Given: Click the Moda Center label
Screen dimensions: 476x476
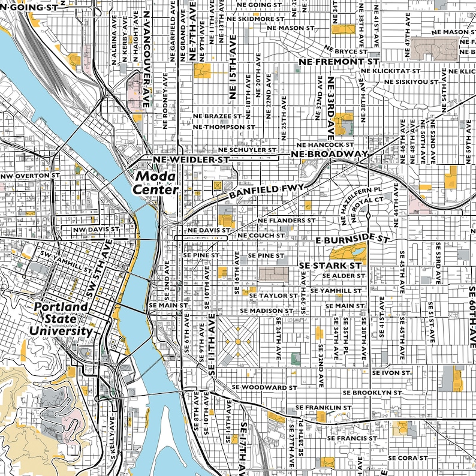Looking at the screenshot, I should [x=156, y=183].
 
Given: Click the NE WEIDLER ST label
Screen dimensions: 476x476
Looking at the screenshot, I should [x=191, y=159].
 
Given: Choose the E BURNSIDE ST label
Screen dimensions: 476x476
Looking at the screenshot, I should [x=353, y=239].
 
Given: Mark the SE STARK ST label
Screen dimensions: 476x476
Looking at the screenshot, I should [x=330, y=264].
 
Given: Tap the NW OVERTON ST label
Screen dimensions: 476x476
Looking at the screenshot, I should [x=31, y=177].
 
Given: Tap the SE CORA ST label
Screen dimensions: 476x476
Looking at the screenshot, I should [x=408, y=457].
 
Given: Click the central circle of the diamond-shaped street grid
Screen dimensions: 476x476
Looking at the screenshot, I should [x=238, y=341].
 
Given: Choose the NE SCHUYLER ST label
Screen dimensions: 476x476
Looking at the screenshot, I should [x=247, y=150].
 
